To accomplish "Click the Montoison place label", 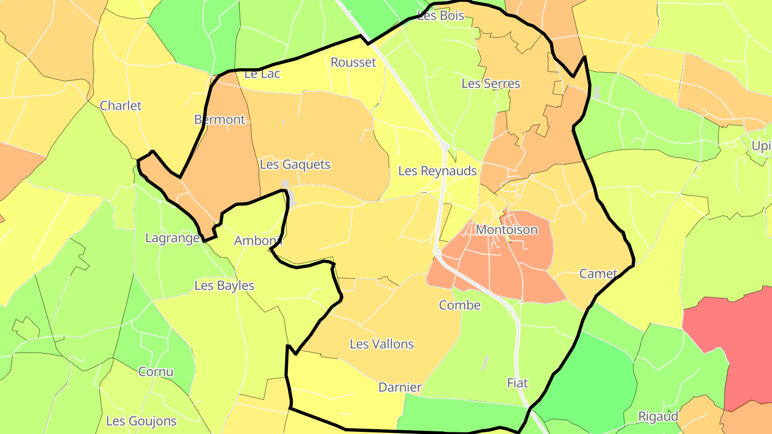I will (x=507, y=230).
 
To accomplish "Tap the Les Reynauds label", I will (x=437, y=171).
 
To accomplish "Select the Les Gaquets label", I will (x=295, y=164).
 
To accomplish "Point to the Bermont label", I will (x=220, y=119).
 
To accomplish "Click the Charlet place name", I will (x=121, y=106).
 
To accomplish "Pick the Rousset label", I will (x=353, y=62).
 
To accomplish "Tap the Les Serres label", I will (x=491, y=84).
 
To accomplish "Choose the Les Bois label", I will (x=441, y=16).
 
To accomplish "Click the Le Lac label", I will (x=262, y=74).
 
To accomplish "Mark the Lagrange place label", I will (x=173, y=238).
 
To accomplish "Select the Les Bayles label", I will (x=224, y=286).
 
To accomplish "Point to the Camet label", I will (x=598, y=274).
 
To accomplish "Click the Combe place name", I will (x=459, y=305).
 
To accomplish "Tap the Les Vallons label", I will (x=382, y=344).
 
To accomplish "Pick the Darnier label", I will (x=400, y=387).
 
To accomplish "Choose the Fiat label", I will (x=517, y=383).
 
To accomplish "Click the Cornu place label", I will (x=156, y=372).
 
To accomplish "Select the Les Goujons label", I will (x=142, y=421).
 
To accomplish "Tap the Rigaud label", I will (x=658, y=416).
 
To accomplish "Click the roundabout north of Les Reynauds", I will (x=444, y=146).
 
